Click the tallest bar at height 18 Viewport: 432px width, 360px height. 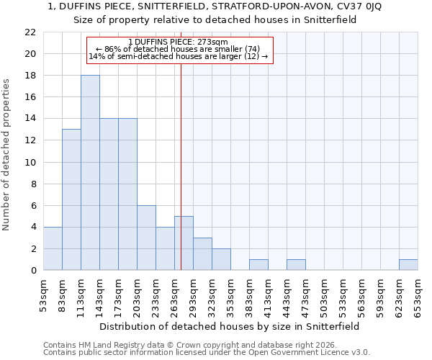90,173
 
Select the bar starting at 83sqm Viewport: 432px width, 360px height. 71,199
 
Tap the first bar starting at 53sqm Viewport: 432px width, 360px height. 53,248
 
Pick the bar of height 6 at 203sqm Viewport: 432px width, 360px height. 146,238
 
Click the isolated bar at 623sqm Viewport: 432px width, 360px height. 408,264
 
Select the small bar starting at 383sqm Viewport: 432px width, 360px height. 258,264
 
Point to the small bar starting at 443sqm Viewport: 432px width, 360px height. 296,264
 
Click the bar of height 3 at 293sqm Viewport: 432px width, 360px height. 202,253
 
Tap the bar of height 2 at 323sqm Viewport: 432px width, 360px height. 221,259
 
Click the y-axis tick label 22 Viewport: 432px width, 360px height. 30,32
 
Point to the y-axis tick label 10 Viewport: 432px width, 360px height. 30,162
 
